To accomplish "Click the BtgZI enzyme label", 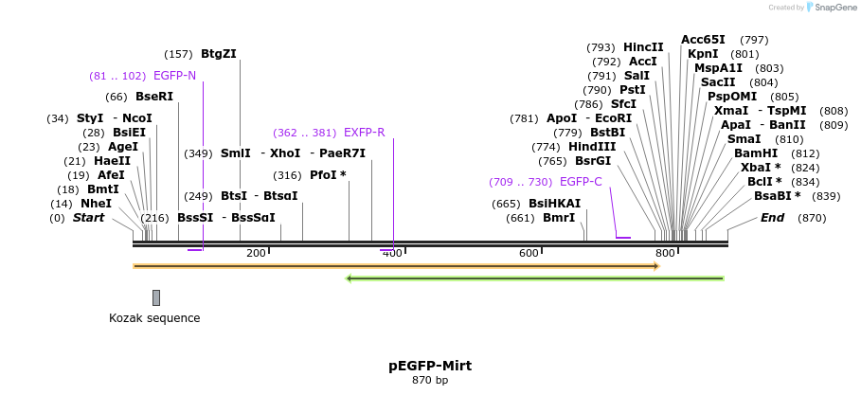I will [218, 54].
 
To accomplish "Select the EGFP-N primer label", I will [174, 76].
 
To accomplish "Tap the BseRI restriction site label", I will [154, 97].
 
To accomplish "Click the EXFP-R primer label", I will [364, 133].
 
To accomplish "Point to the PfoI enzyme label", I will [328, 175].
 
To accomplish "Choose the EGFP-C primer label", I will [581, 182].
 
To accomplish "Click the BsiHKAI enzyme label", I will [554, 204].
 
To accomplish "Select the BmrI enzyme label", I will [558, 218].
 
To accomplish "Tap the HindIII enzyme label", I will [592, 147].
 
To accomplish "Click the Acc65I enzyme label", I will [703, 40].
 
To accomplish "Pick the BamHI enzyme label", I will [756, 153].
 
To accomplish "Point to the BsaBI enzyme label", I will [777, 196].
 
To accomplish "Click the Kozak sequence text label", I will [154, 318].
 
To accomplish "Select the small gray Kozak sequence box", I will [156, 297].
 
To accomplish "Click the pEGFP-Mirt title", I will [430, 366].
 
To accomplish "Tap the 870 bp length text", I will [430, 381].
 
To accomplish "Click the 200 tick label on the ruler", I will [256, 253].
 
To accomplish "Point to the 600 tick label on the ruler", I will [529, 253].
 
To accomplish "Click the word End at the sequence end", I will [772, 218].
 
